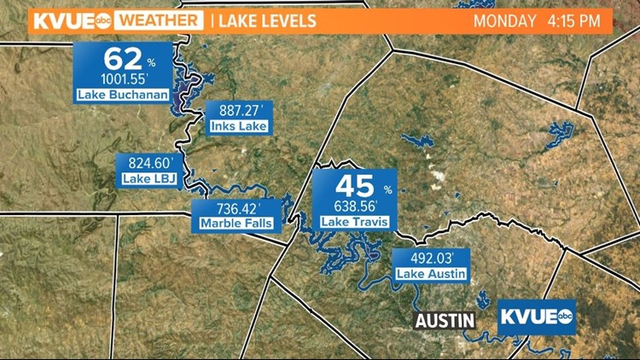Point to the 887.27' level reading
coord(239,111)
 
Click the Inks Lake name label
coord(239,127)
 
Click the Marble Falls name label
coord(229,224)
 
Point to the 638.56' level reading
coord(354,206)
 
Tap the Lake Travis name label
coord(354,222)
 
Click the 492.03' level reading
coord(430,258)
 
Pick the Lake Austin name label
coord(430,274)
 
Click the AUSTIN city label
coord(445,321)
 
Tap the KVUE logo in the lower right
coord(536,317)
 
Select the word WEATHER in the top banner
coord(158,20)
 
